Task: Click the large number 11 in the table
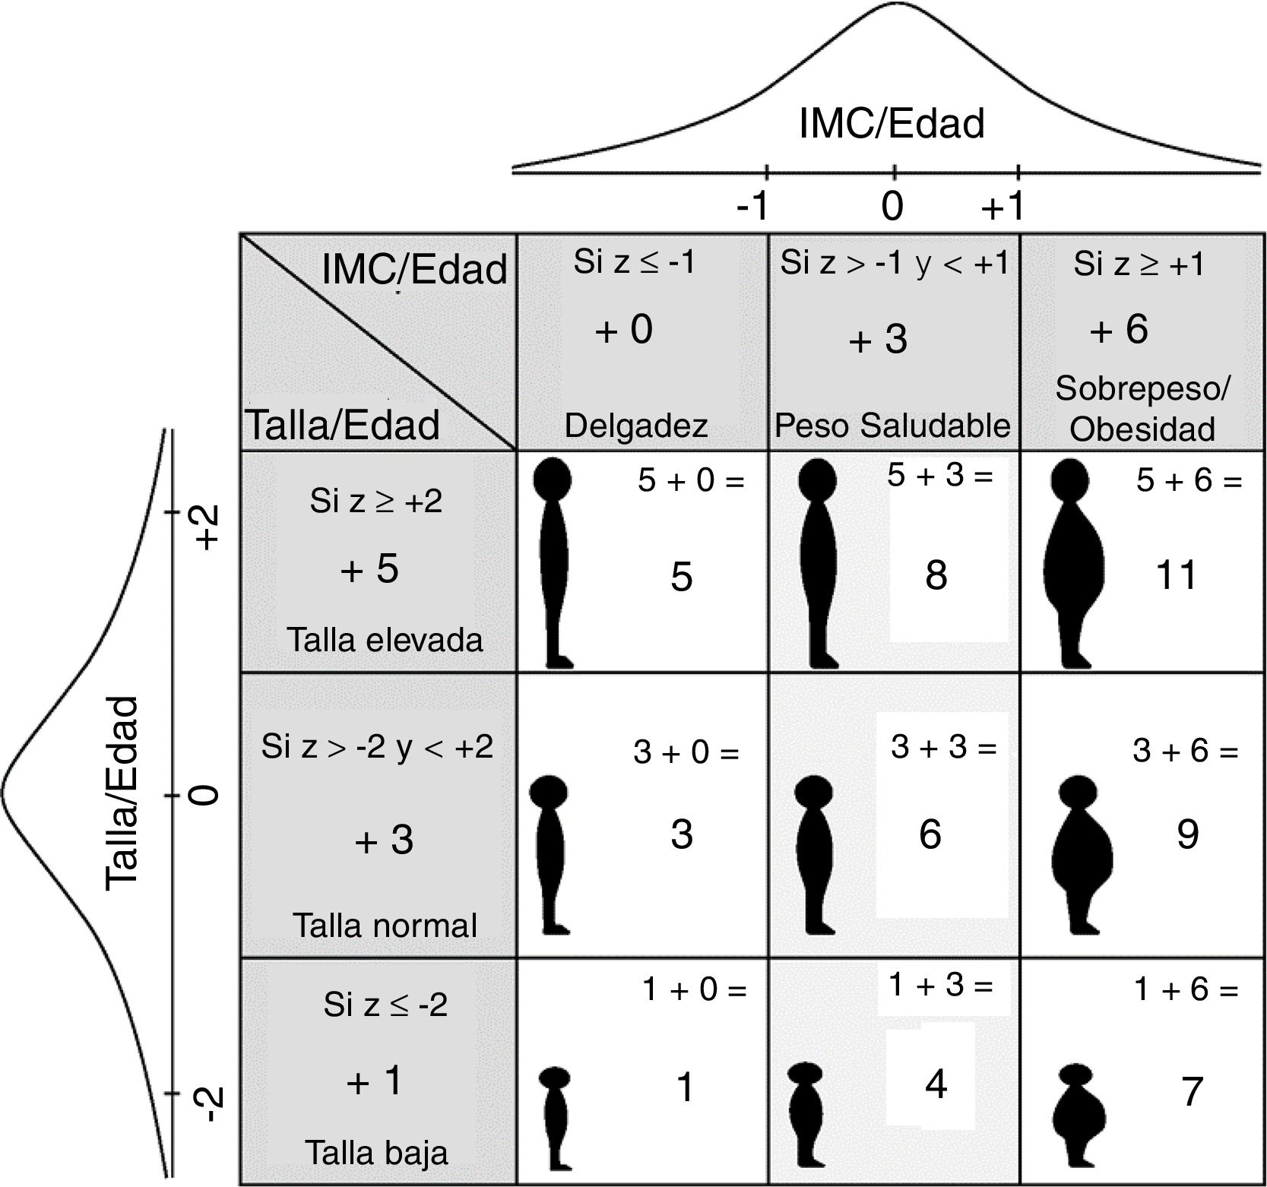(x=1176, y=575)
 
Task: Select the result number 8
(x=936, y=575)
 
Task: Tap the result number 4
(x=936, y=1084)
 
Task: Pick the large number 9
(x=1187, y=834)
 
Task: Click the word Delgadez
(x=636, y=426)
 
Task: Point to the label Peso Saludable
(x=892, y=426)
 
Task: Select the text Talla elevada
(x=385, y=640)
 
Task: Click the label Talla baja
(x=377, y=1153)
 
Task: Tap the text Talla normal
(x=385, y=926)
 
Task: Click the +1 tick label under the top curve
(x=1003, y=207)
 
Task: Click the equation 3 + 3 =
(x=943, y=748)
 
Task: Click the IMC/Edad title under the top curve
(x=892, y=124)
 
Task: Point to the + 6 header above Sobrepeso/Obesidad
(x=1119, y=330)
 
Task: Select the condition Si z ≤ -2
(x=385, y=1005)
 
